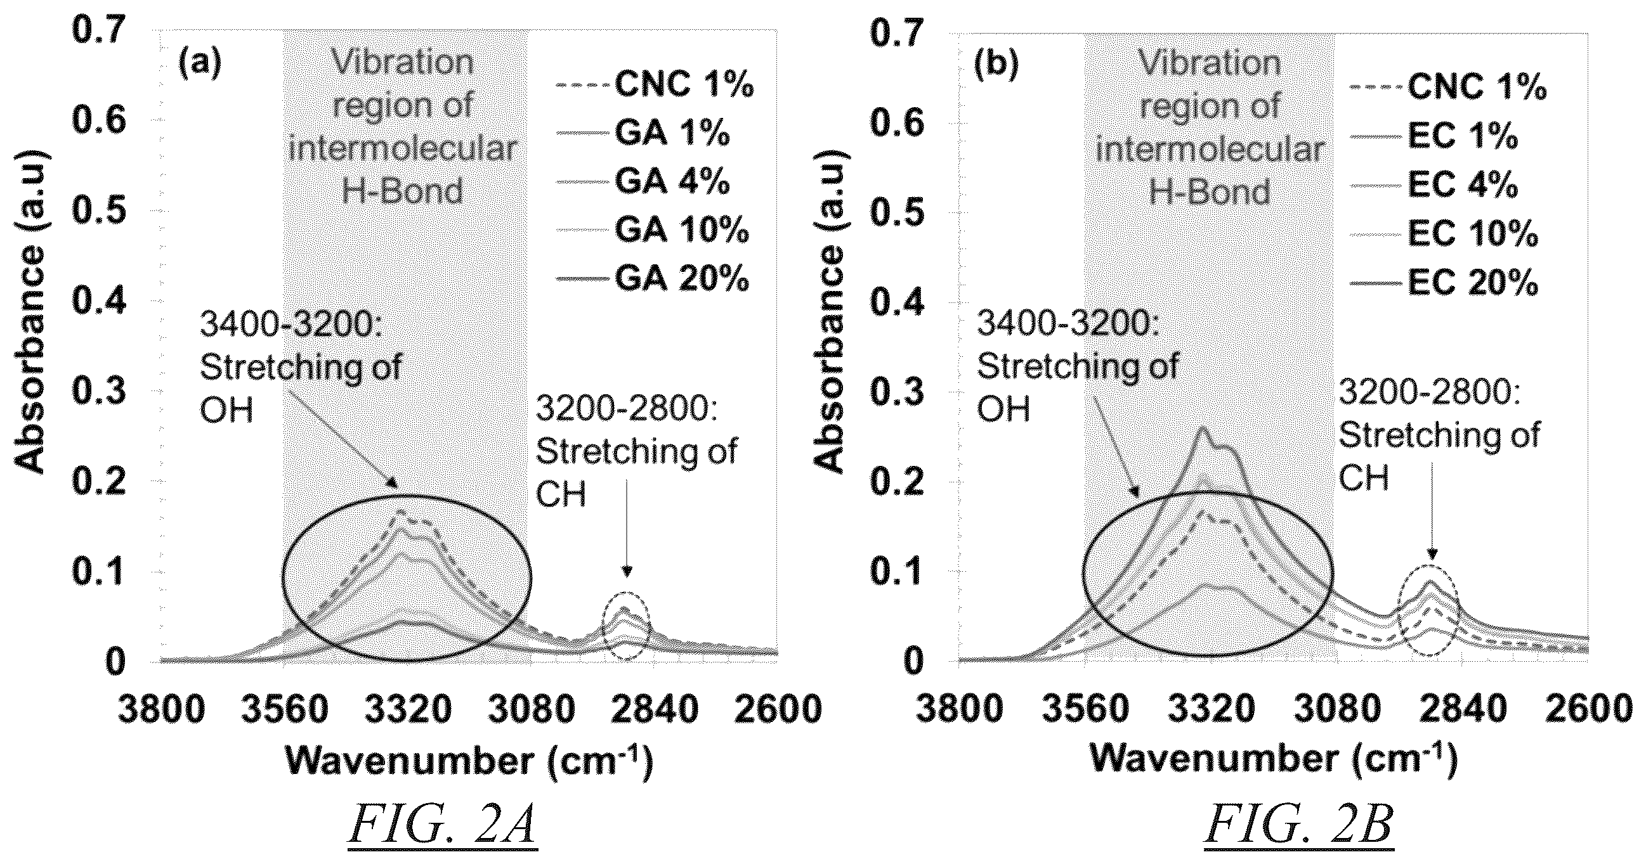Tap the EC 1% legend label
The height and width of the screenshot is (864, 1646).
click(1463, 137)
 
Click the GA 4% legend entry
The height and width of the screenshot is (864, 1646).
click(672, 182)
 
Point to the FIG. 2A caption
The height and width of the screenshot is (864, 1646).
click(443, 827)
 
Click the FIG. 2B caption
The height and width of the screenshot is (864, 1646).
click(1299, 827)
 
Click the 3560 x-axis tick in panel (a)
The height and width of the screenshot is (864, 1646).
click(285, 710)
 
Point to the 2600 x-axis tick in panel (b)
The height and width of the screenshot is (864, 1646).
click(1588, 710)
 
